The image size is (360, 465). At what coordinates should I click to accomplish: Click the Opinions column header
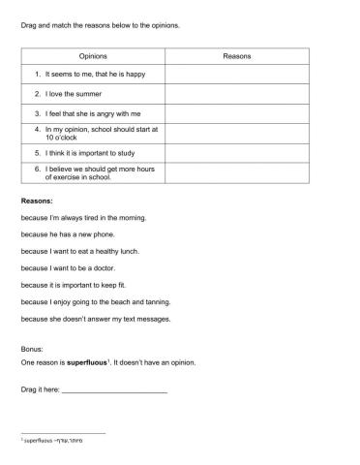coord(92,57)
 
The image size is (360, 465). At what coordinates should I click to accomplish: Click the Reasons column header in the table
coord(237,57)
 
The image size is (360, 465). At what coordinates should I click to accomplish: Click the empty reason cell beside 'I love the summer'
coord(237,93)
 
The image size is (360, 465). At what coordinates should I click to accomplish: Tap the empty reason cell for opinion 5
coord(237,152)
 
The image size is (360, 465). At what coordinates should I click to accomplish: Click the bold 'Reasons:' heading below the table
coord(38,201)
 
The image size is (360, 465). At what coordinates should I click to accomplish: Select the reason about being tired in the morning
coord(83,218)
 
